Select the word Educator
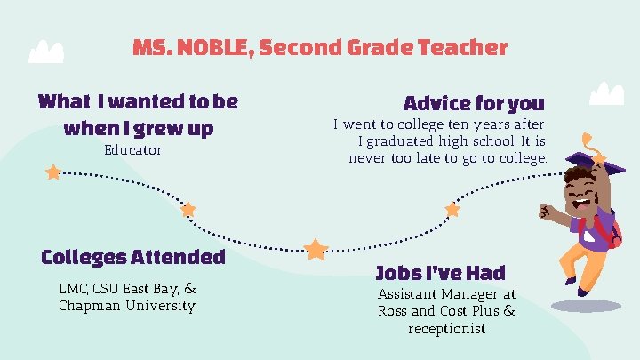pos(133,150)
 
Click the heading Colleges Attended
pos(133,258)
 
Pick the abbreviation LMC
pos(73,288)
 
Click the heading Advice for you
pos(474,103)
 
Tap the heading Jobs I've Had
pos(440,273)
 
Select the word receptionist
pos(446,329)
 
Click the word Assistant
pos(411,293)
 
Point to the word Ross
pos(393,311)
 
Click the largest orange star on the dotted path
pos(316,249)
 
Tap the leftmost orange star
pos(53,172)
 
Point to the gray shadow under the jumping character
pos(586,306)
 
